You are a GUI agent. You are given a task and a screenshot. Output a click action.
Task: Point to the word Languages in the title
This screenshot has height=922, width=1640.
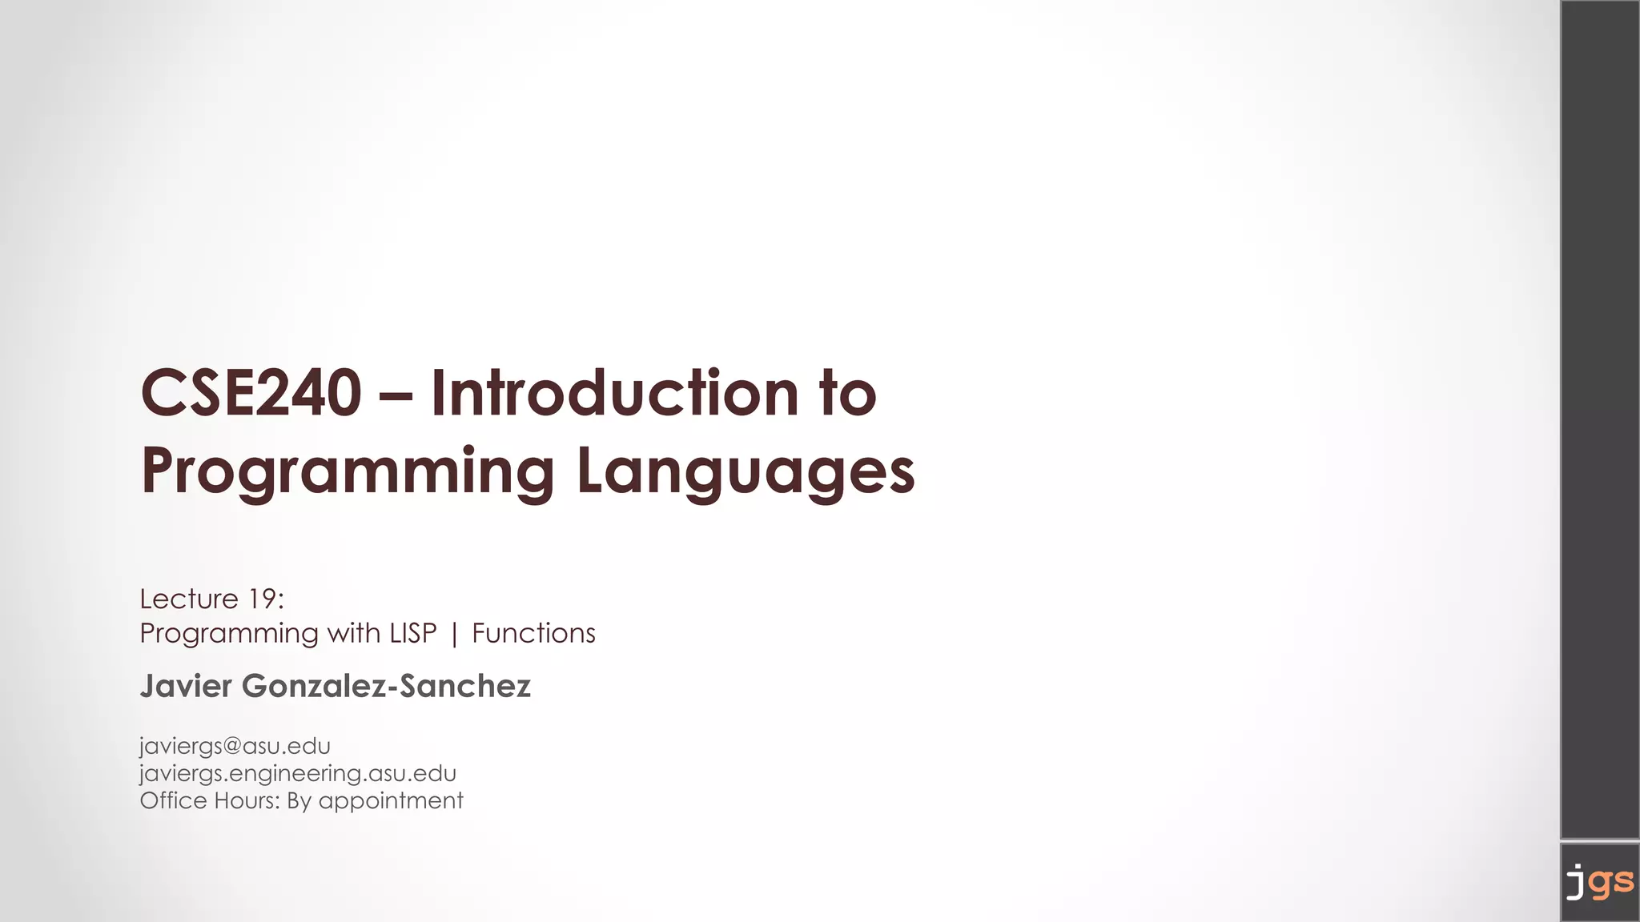746,472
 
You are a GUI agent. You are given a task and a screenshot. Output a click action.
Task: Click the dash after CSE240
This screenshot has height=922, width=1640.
396,395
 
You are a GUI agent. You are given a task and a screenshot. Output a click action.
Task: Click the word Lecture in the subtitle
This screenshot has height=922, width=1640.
189,599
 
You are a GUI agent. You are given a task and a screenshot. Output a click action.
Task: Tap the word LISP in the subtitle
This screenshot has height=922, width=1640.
413,633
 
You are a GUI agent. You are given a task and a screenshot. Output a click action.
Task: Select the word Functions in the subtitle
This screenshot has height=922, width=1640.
533,633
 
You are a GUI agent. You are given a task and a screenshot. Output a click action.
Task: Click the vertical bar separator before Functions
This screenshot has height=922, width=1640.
455,634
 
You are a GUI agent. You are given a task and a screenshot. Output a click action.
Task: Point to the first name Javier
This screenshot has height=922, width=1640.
186,686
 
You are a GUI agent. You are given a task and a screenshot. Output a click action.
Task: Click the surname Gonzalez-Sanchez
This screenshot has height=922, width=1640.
386,686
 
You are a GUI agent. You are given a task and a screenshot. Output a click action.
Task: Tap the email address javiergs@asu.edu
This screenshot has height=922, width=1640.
235,746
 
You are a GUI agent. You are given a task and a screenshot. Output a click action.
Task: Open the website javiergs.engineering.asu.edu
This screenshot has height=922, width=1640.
298,773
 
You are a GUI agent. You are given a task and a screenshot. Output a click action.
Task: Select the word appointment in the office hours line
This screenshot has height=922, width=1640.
391,801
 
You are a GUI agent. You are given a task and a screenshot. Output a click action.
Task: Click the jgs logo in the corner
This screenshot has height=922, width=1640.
1599,882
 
